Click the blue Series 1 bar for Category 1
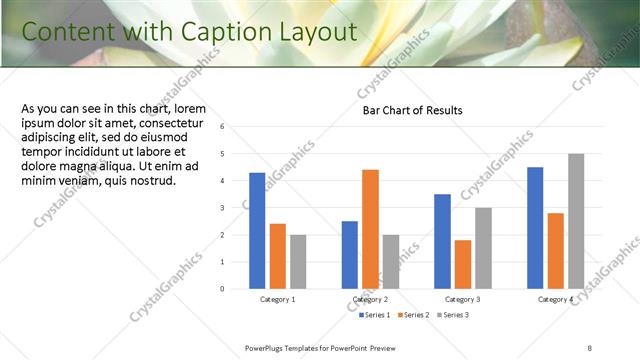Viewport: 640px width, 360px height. tap(257, 230)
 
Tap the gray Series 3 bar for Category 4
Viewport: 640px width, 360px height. tap(576, 221)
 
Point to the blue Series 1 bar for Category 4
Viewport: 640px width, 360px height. tap(535, 228)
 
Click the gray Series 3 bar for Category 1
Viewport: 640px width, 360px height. tap(298, 261)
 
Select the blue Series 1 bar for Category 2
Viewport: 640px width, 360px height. tap(350, 254)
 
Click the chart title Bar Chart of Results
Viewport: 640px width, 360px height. tap(412, 111)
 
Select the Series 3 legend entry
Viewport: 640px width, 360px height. tap(452, 315)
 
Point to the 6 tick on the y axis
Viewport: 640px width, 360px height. tap(236, 127)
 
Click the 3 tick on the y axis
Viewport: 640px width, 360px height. tap(236, 208)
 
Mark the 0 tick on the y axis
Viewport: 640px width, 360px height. tap(236, 289)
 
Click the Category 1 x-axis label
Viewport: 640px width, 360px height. tap(277, 300)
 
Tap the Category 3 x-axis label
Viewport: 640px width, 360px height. tap(462, 300)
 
